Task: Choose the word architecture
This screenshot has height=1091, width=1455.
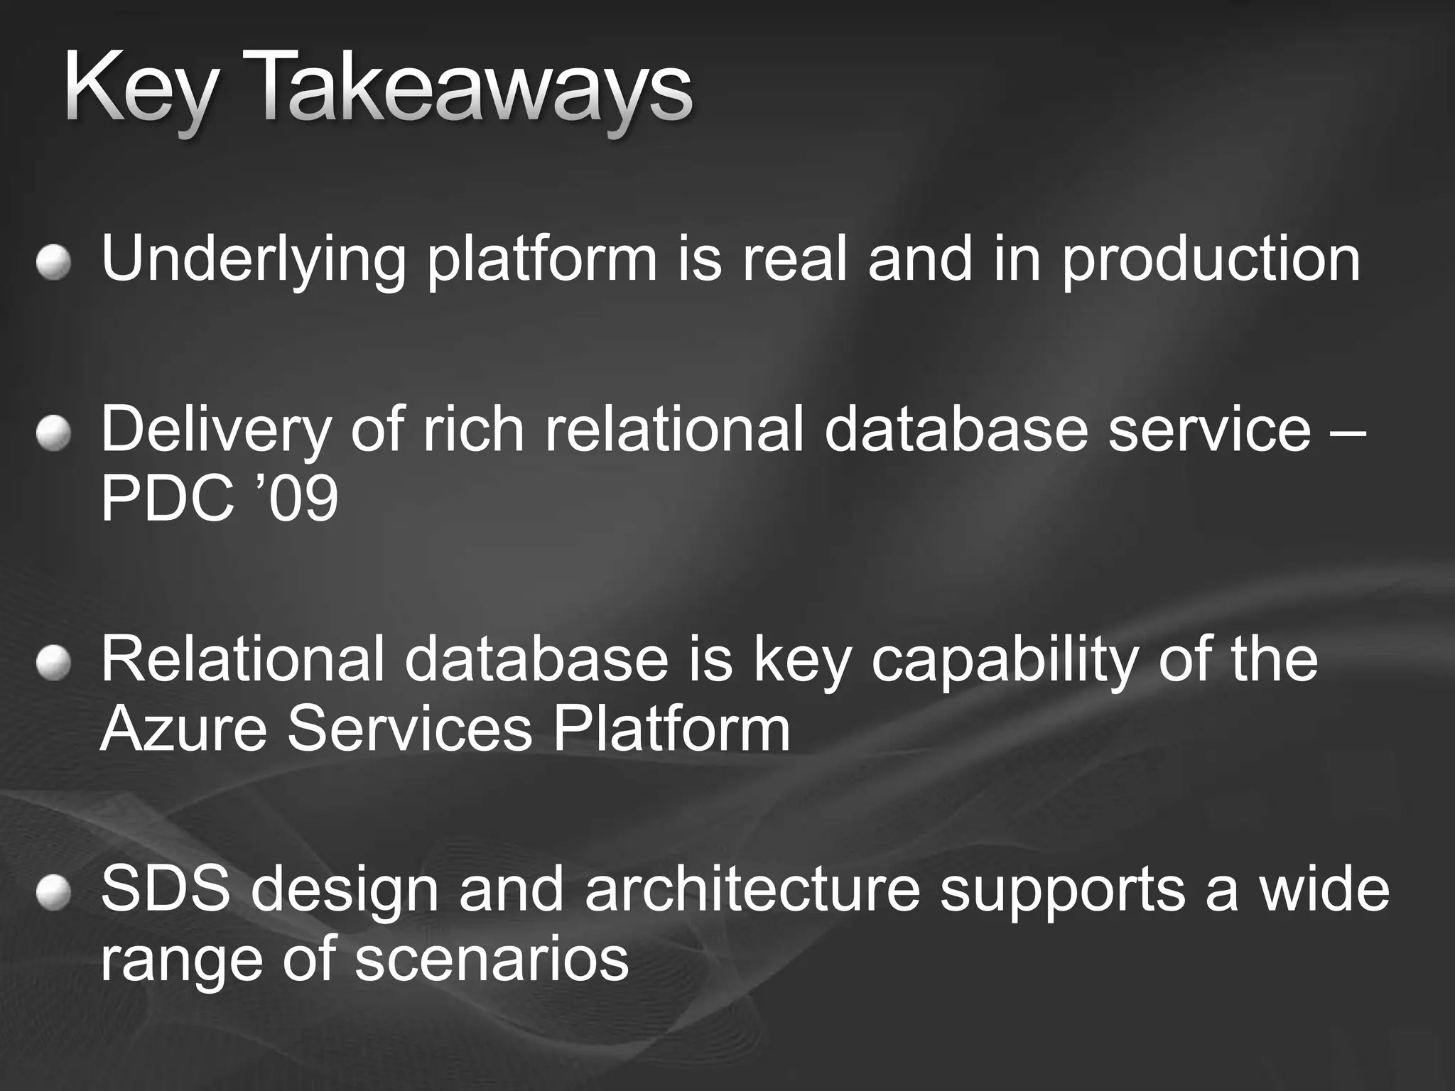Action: pos(752,891)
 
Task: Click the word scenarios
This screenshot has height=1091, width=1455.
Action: pos(492,959)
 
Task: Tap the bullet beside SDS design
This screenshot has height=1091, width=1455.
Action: pos(55,893)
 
